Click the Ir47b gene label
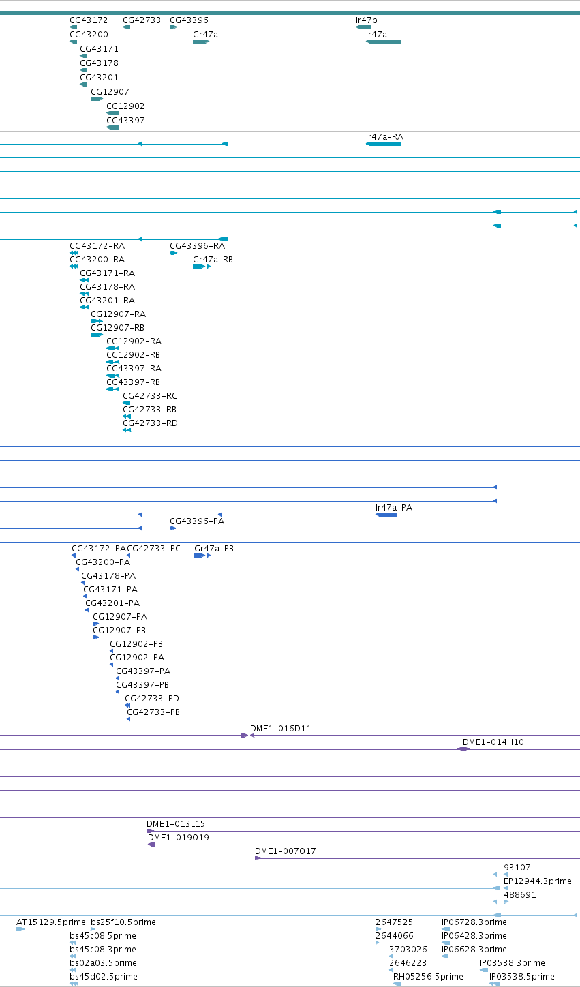[x=366, y=20]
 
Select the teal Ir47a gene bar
[x=384, y=42]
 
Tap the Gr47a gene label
[x=205, y=34]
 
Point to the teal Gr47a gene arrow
[x=201, y=42]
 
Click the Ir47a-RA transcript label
[x=385, y=136]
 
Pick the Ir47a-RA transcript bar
[x=384, y=144]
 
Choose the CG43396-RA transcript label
[x=198, y=246]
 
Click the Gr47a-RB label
[x=213, y=260]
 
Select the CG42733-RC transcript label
[x=150, y=395]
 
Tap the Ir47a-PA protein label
[x=394, y=508]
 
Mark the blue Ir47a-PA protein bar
[x=386, y=515]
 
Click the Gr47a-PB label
[x=214, y=549]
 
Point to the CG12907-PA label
[x=120, y=617]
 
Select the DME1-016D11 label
[x=281, y=729]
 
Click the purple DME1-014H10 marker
[x=463, y=750]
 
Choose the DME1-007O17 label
[x=286, y=851]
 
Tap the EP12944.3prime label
[x=538, y=881]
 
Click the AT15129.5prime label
[x=51, y=922]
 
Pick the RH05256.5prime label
[x=429, y=977]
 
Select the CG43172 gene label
[x=89, y=20]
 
